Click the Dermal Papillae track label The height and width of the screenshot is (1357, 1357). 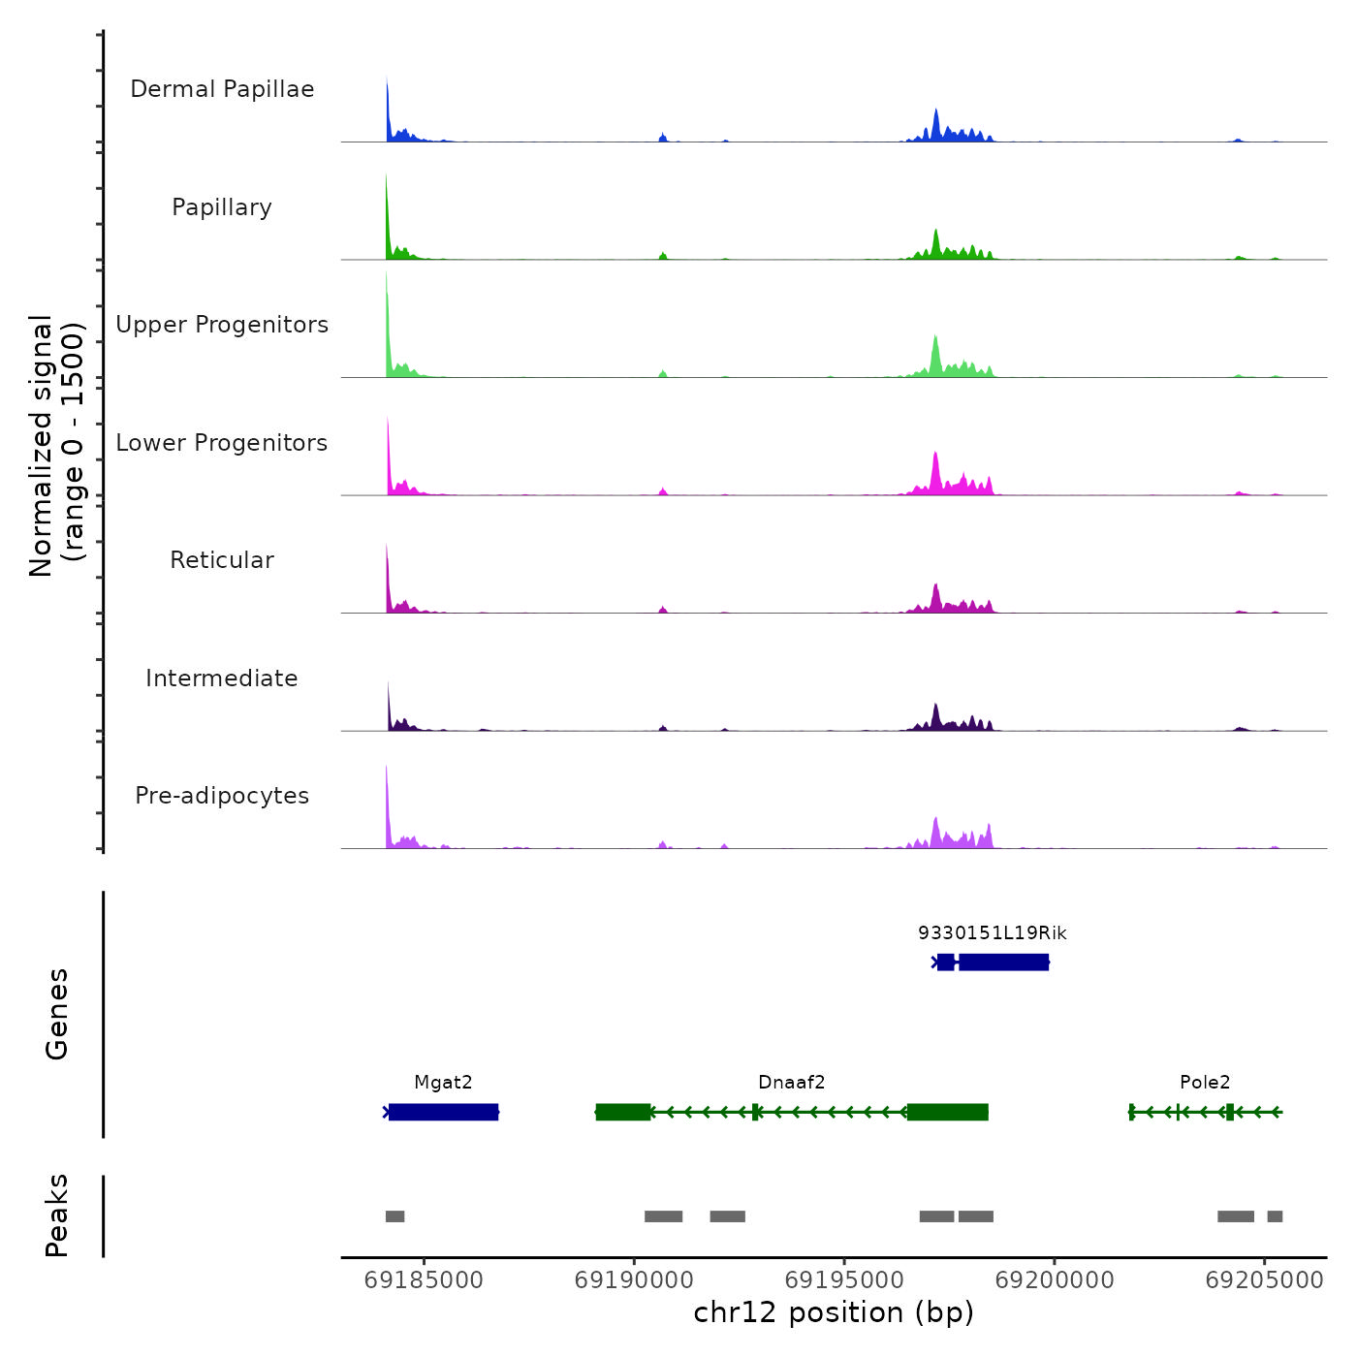tap(222, 89)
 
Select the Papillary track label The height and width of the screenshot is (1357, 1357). tap(222, 207)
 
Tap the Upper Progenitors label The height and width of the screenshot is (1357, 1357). tap(222, 325)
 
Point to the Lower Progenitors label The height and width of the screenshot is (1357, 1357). tap(222, 443)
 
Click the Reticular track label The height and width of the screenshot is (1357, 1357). tap(222, 560)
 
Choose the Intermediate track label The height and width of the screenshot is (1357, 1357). tap(222, 678)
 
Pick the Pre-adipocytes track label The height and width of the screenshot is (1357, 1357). tap(222, 796)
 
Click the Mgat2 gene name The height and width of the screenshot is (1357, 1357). tap(443, 1083)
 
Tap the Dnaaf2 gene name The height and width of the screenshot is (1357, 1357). tap(792, 1083)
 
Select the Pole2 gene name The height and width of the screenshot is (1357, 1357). tap(1205, 1083)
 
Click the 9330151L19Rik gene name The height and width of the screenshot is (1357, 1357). tap(993, 933)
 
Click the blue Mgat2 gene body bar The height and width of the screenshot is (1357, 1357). tap(444, 1112)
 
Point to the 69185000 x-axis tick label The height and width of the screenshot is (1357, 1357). tap(424, 1280)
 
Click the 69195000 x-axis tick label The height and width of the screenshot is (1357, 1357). tap(844, 1280)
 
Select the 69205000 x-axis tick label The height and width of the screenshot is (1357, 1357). tap(1264, 1280)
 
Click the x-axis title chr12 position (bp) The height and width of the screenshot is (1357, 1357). tap(834, 1312)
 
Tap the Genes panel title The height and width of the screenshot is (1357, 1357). tap(57, 1014)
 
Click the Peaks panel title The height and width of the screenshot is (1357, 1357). tap(57, 1215)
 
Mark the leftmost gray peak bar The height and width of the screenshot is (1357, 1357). tap(394, 1216)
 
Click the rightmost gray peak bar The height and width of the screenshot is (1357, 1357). tap(1275, 1216)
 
